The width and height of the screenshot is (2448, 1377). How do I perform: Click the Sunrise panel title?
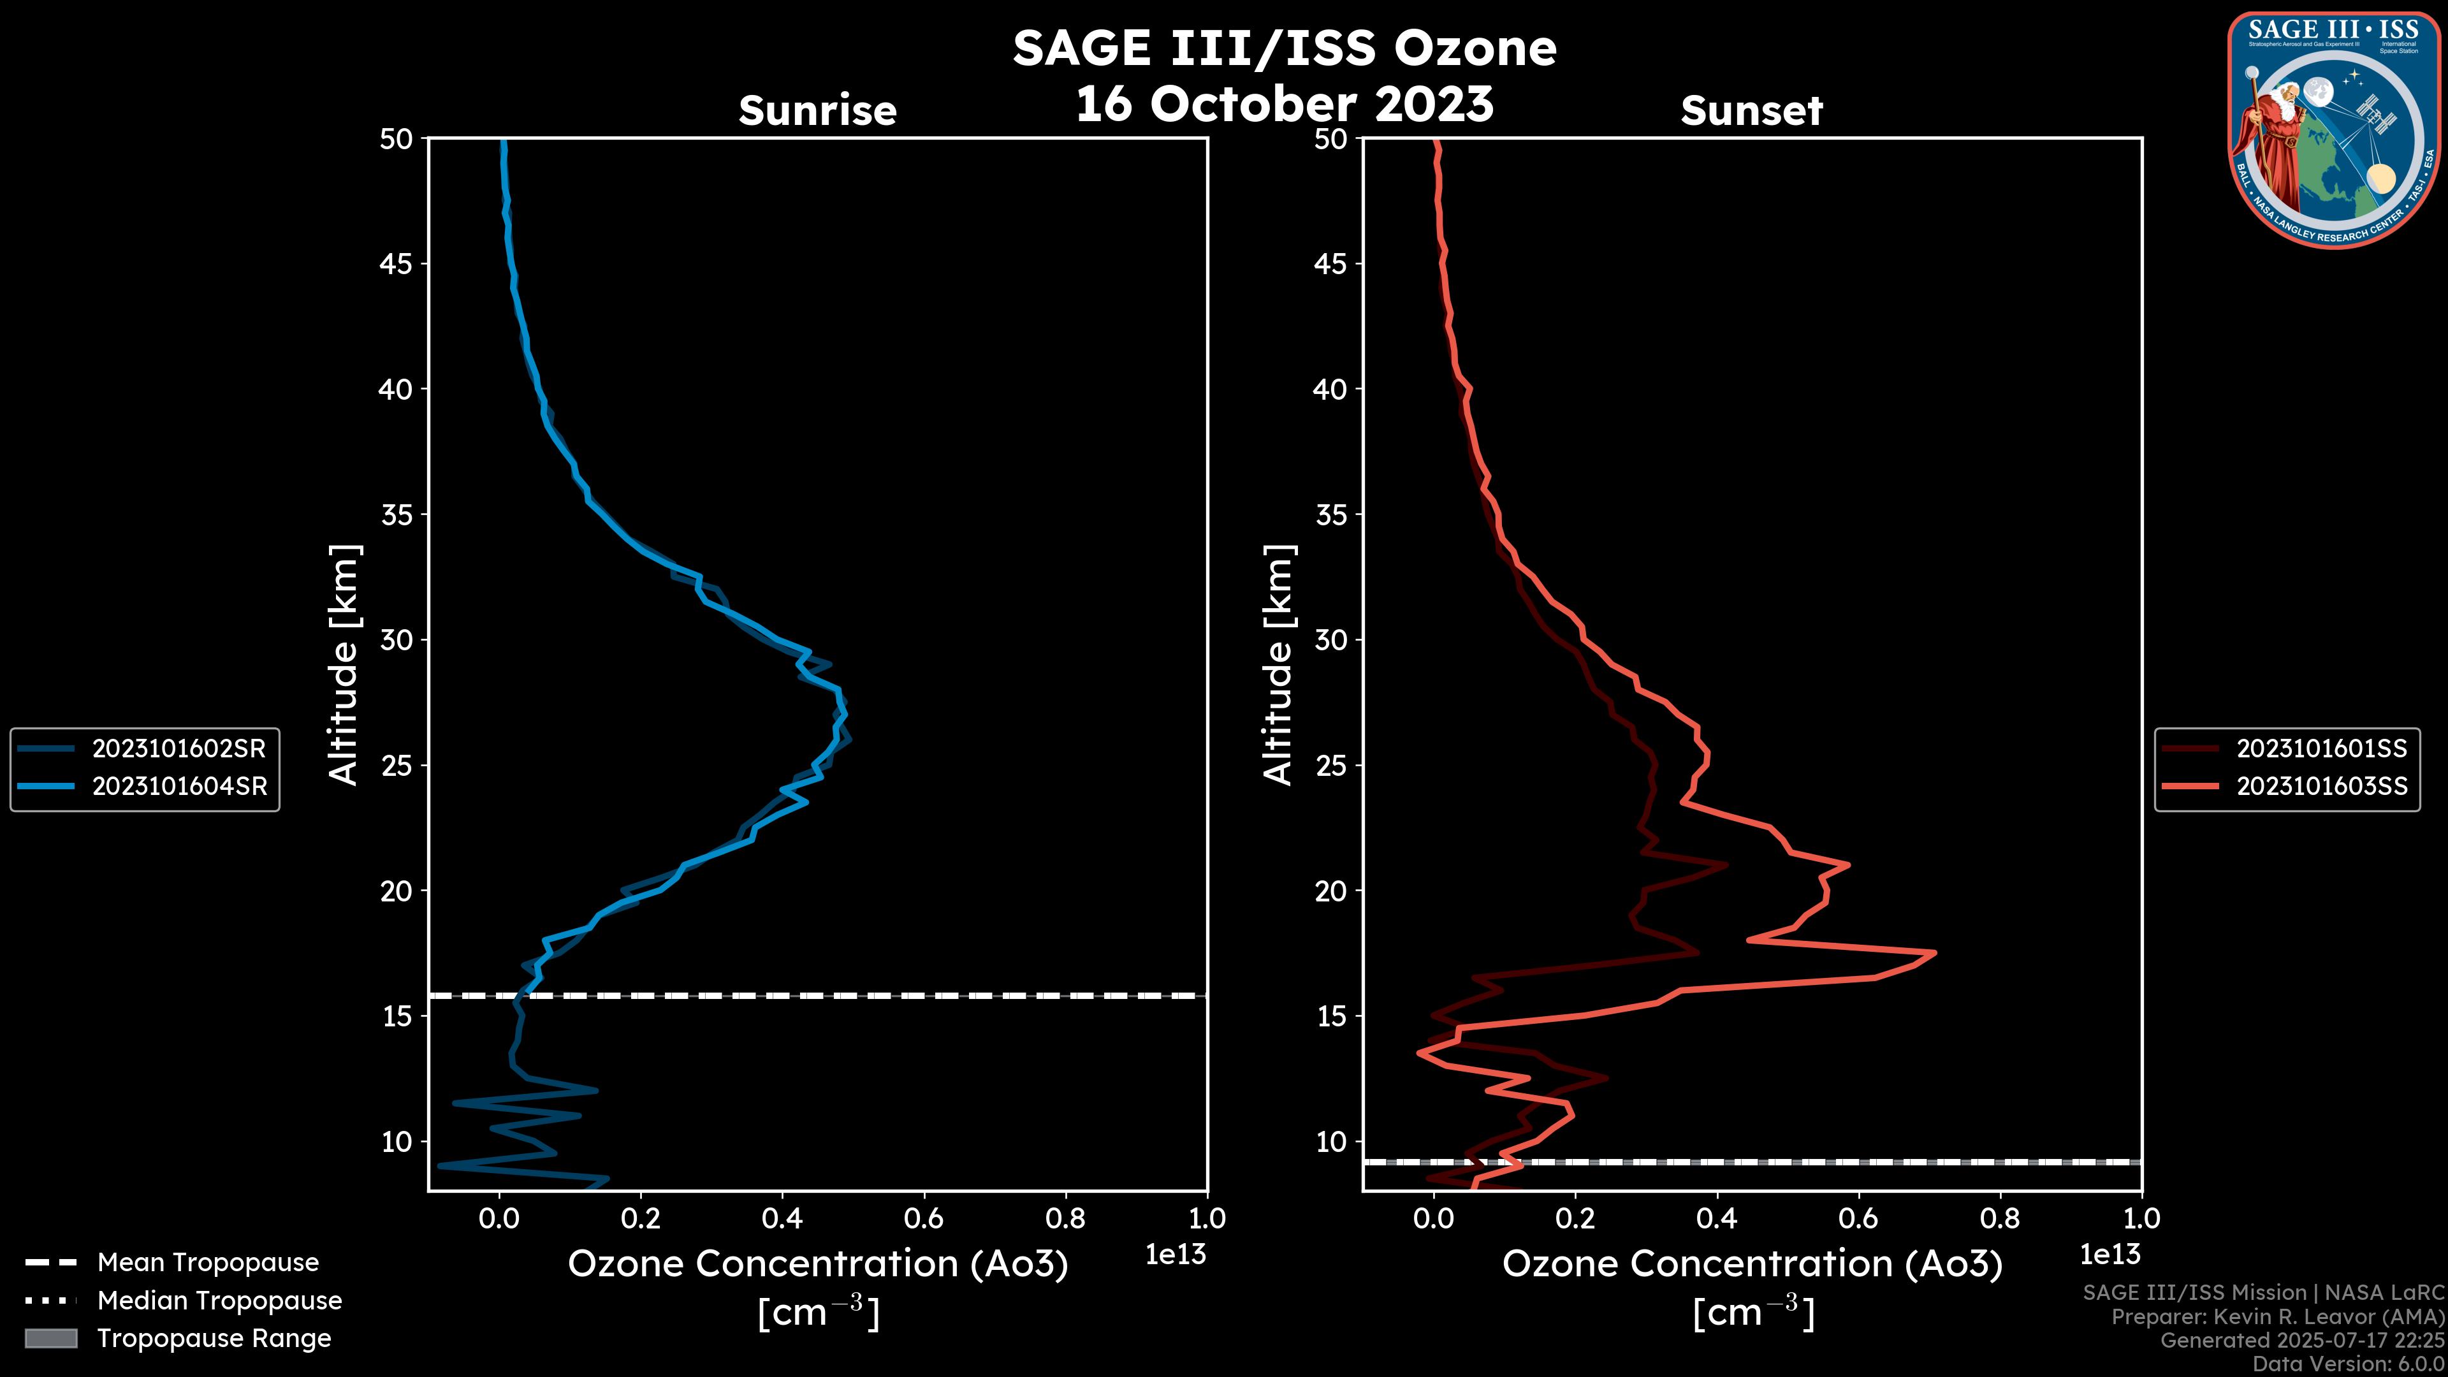817,111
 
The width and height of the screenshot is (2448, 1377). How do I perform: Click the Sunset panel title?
1751,111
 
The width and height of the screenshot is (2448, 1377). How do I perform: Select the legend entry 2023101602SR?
178,749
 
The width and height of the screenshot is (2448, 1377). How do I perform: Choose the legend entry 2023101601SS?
2322,749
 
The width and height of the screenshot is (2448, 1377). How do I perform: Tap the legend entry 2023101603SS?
2322,787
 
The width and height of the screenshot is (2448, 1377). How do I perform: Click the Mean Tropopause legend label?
208,1262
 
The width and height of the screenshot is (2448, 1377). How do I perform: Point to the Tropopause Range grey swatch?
50,1338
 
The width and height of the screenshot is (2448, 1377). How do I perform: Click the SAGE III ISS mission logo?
2334,130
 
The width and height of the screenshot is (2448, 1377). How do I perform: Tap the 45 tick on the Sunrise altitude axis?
397,264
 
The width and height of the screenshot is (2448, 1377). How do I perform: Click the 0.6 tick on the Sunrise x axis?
924,1218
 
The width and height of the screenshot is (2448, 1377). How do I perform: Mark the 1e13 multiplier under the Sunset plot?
2109,1255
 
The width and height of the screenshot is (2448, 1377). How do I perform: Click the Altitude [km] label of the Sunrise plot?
343,665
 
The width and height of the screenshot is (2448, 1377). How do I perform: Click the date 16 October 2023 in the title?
1284,103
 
